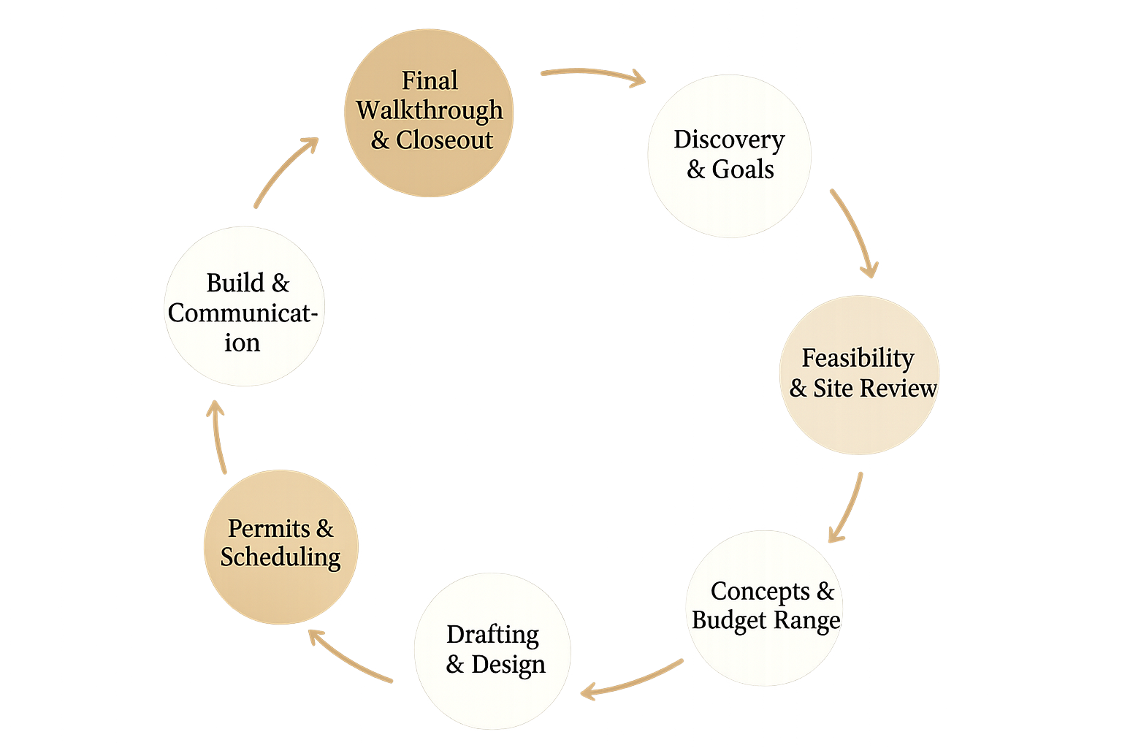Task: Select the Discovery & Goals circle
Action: (728, 155)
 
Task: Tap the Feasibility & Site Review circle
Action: (859, 374)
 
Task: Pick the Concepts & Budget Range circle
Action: (764, 608)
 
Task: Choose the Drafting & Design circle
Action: (492, 651)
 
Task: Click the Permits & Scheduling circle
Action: (280, 546)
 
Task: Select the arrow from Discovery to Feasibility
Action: (855, 232)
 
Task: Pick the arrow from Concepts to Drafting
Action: (632, 678)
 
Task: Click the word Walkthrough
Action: (429, 110)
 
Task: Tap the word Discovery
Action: (728, 139)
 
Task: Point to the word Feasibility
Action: (858, 358)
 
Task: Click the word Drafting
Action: (492, 634)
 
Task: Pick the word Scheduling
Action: (280, 557)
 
